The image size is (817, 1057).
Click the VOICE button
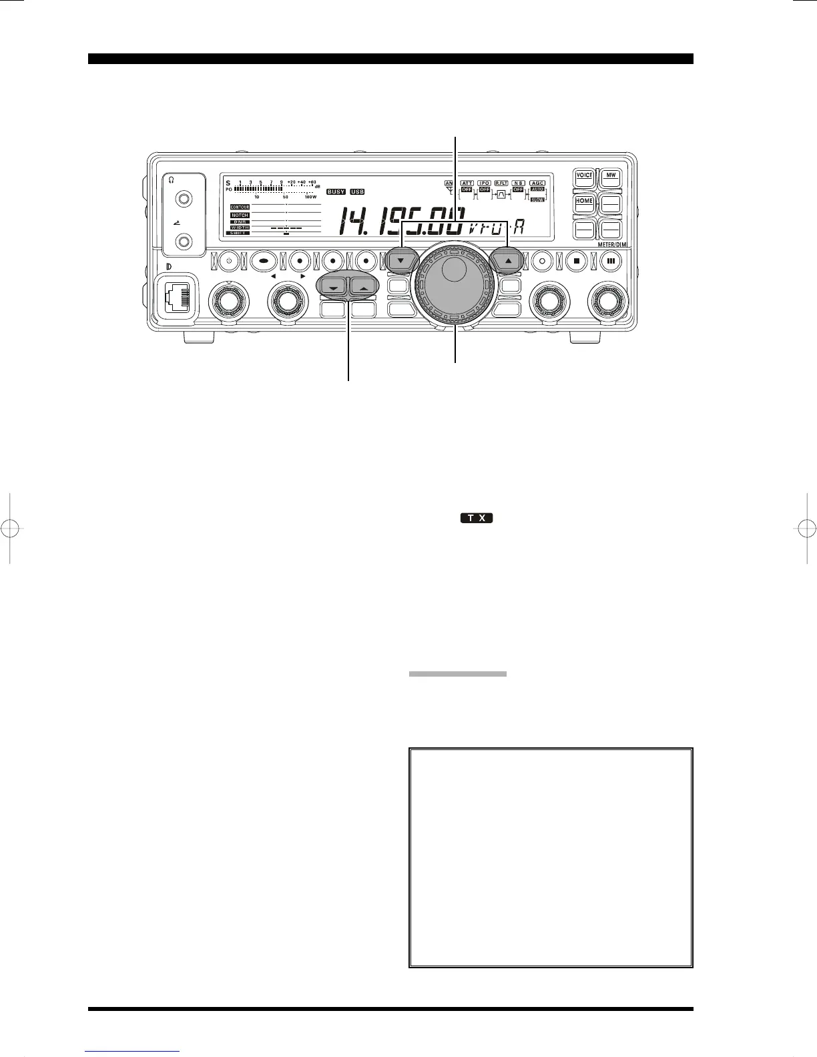click(585, 177)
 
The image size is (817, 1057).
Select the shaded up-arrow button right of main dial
click(509, 261)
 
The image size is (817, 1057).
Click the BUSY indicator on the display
click(336, 192)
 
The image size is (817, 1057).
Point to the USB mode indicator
click(357, 192)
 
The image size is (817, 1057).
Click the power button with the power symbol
click(229, 261)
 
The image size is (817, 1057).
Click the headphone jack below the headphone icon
click(183, 199)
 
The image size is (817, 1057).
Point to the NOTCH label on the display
click(240, 216)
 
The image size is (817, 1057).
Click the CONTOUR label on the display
click(240, 208)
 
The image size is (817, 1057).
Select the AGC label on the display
click(537, 183)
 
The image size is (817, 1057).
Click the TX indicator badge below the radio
click(476, 518)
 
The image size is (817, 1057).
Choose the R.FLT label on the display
click(501, 183)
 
